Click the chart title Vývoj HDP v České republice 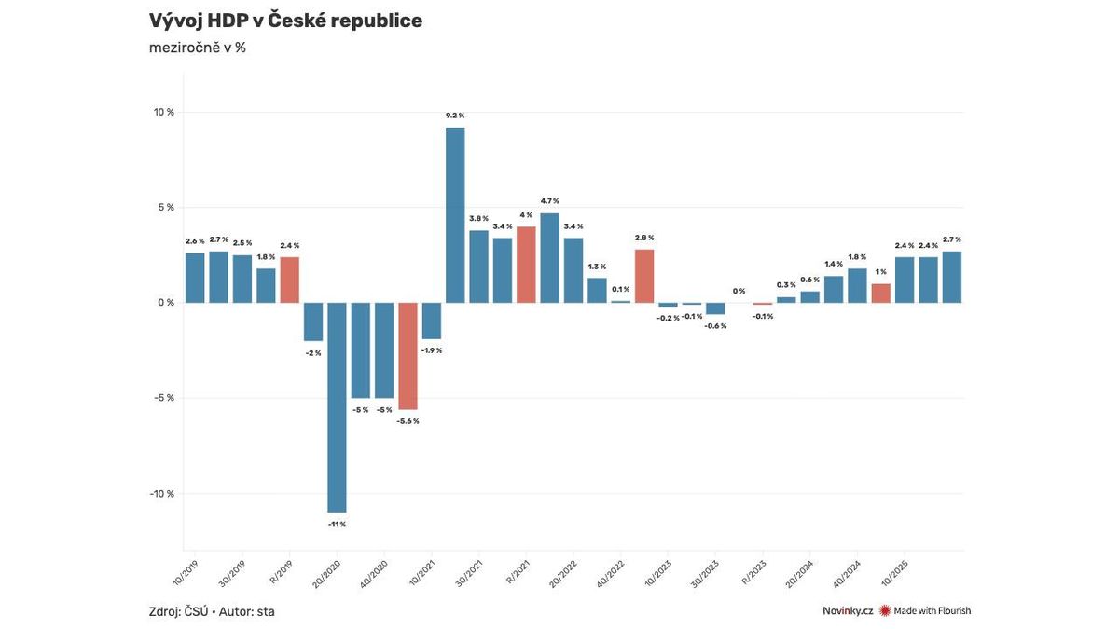[x=285, y=21]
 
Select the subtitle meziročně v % [x=198, y=48]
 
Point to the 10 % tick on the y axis [x=164, y=112]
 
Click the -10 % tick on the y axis [x=164, y=494]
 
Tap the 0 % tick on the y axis [x=166, y=303]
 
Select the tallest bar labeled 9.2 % [x=455, y=215]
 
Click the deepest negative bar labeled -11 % [x=337, y=407]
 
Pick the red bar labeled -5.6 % [x=408, y=356]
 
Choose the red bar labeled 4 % [x=526, y=265]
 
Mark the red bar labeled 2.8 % [x=644, y=276]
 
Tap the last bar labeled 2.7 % [x=951, y=277]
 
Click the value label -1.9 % [x=431, y=350]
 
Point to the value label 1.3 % [x=597, y=267]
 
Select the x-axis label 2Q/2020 [x=327, y=571]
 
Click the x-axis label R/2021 [x=517, y=569]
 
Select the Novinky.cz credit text [x=848, y=611]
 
